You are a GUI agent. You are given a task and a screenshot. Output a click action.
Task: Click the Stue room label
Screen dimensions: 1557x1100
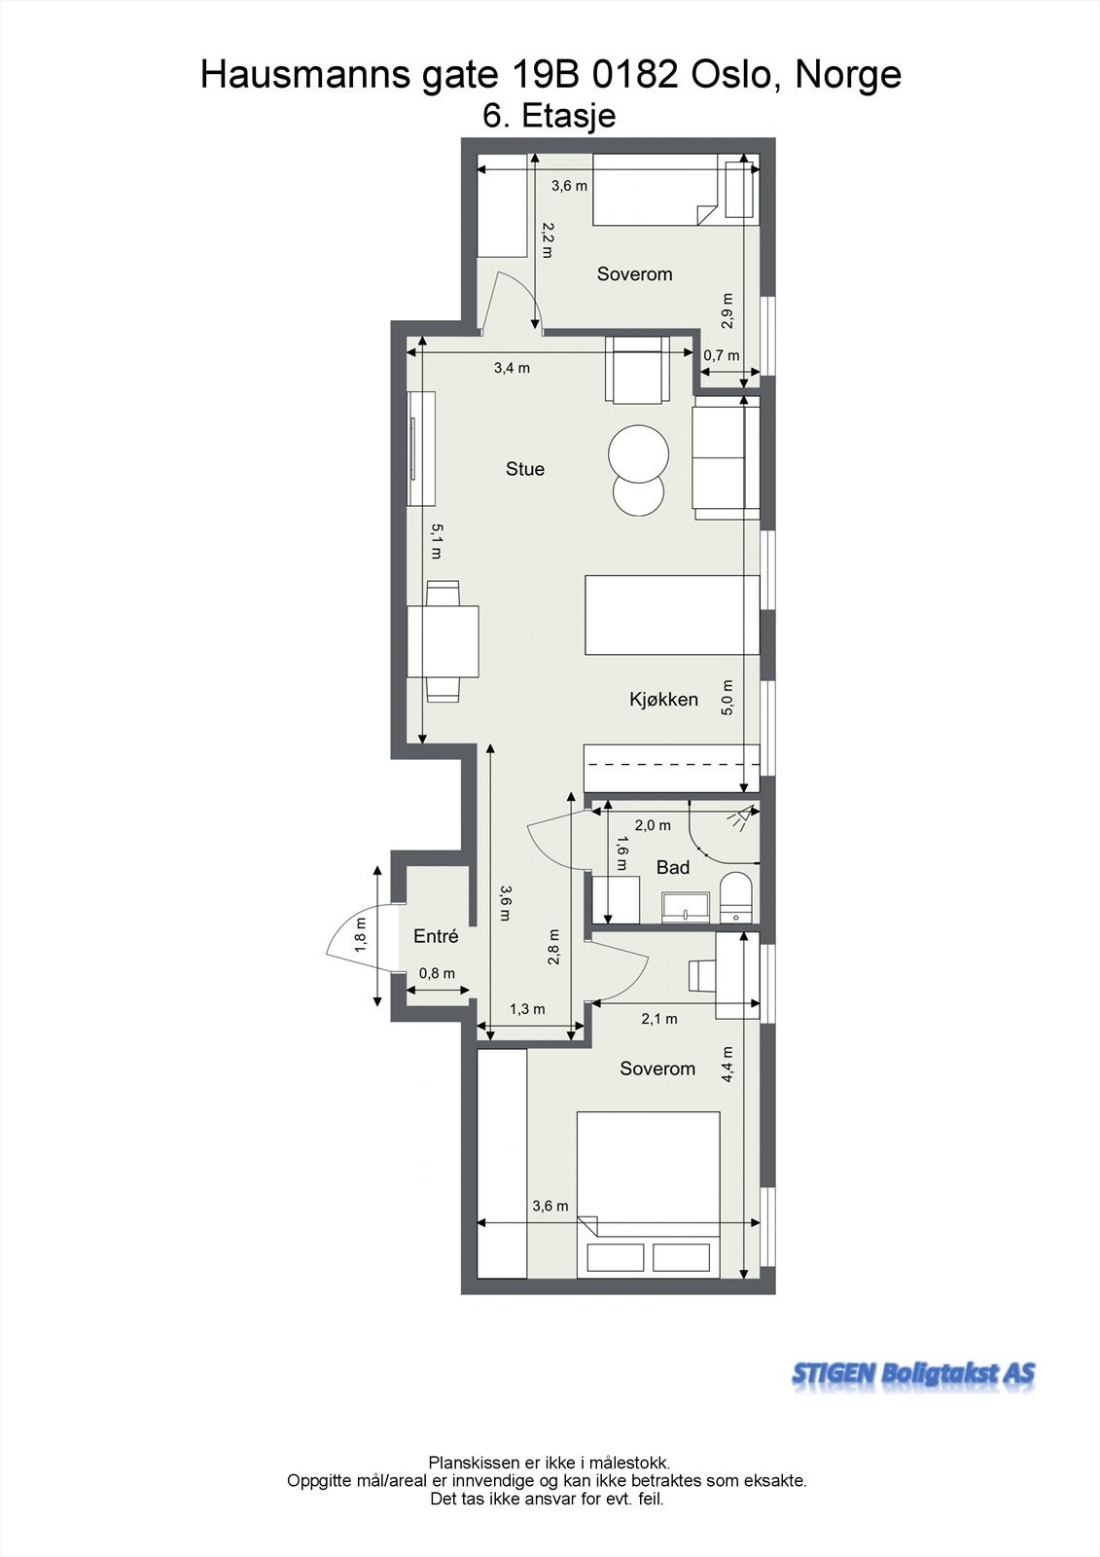[525, 469]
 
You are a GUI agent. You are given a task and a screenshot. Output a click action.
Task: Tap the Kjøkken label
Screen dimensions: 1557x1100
[663, 699]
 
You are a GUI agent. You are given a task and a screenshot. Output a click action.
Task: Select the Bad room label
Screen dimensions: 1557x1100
[673, 867]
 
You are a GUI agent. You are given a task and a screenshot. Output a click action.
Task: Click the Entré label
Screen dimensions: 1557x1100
[436, 936]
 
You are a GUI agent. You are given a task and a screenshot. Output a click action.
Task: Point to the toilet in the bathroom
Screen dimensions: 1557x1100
[736, 895]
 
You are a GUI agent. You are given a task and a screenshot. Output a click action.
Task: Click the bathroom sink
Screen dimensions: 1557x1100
[687, 907]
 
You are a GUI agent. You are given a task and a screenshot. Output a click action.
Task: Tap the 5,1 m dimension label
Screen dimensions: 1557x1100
[437, 541]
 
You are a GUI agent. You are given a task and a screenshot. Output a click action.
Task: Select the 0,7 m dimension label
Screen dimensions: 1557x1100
[721, 356]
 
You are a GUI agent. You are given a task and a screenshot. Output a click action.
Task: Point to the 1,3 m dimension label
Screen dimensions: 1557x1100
[527, 1009]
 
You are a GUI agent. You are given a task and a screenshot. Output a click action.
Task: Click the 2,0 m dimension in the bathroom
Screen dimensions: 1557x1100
[653, 825]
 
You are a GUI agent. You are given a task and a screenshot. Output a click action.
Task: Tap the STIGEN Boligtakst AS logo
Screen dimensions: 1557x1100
[913, 1374]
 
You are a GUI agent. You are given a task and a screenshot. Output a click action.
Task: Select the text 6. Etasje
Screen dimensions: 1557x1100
[550, 117]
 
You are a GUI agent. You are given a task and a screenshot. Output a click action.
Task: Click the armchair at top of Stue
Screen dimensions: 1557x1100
[637, 369]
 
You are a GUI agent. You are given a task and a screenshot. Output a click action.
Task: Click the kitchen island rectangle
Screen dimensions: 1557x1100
[671, 615]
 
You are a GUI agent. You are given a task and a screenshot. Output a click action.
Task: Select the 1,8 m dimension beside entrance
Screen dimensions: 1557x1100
[361, 934]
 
